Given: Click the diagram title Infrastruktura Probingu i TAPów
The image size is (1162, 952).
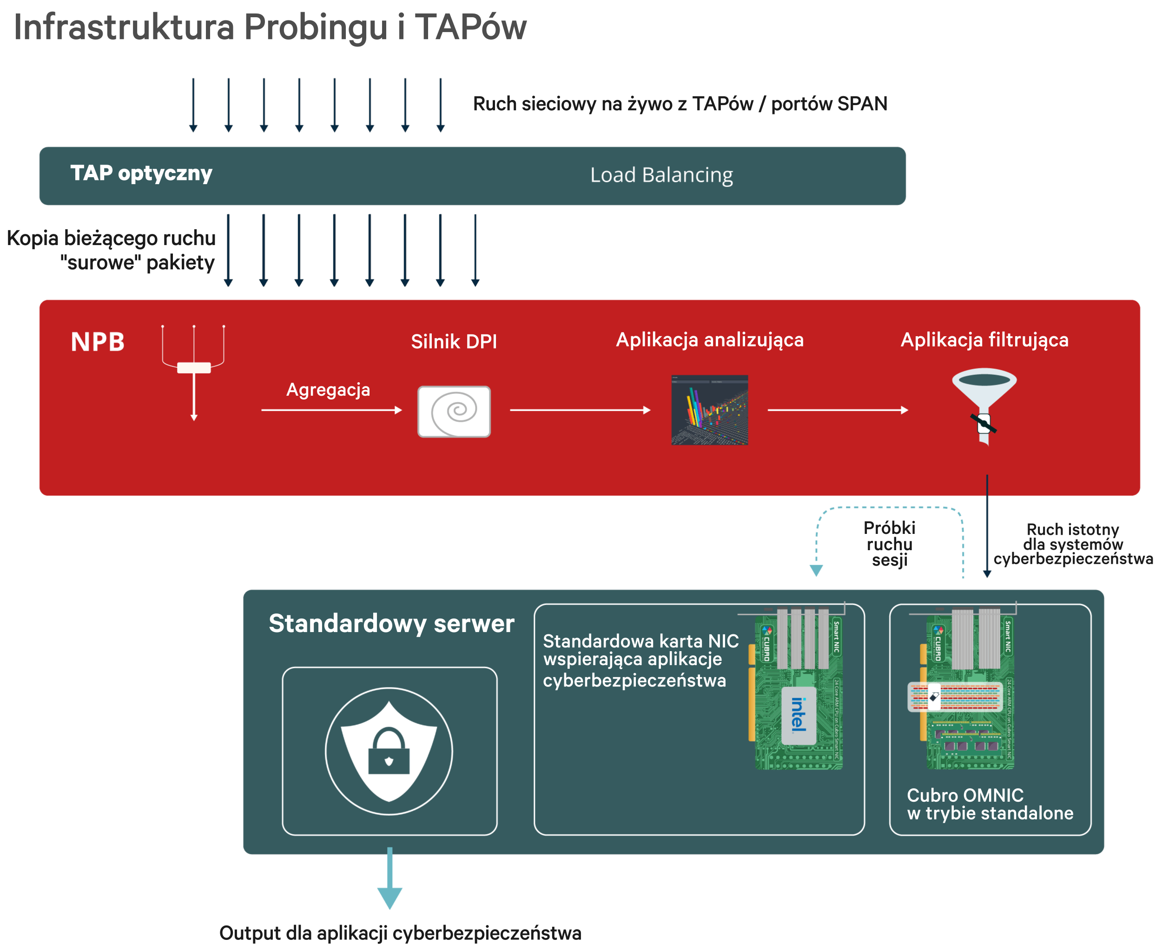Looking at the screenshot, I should click(270, 27).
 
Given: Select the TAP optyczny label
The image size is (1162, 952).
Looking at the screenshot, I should click(141, 173).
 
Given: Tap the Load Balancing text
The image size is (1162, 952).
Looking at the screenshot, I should click(661, 175).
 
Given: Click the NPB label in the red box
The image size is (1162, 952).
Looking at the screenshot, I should click(98, 342).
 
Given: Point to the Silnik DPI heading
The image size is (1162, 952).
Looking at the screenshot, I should click(454, 342).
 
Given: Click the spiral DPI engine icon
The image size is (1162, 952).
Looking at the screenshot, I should click(454, 411).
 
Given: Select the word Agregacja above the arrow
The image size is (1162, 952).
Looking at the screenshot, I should click(328, 390).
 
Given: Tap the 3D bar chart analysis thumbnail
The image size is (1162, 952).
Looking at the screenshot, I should click(709, 410).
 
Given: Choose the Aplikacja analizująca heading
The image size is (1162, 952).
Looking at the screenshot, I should click(709, 340).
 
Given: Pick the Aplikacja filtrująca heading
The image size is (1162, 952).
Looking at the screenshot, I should click(984, 340).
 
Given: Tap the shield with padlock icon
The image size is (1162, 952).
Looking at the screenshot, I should click(389, 751).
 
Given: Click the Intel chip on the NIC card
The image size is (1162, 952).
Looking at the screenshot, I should click(799, 716).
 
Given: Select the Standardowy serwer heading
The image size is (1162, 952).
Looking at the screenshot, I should click(391, 624).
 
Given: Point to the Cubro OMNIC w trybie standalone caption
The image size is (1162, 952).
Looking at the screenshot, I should click(990, 804).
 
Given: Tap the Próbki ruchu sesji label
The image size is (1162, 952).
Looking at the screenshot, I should click(889, 544).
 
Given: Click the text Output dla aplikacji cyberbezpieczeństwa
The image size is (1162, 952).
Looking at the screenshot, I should click(400, 933).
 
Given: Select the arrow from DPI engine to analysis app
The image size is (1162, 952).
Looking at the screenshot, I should click(580, 410).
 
